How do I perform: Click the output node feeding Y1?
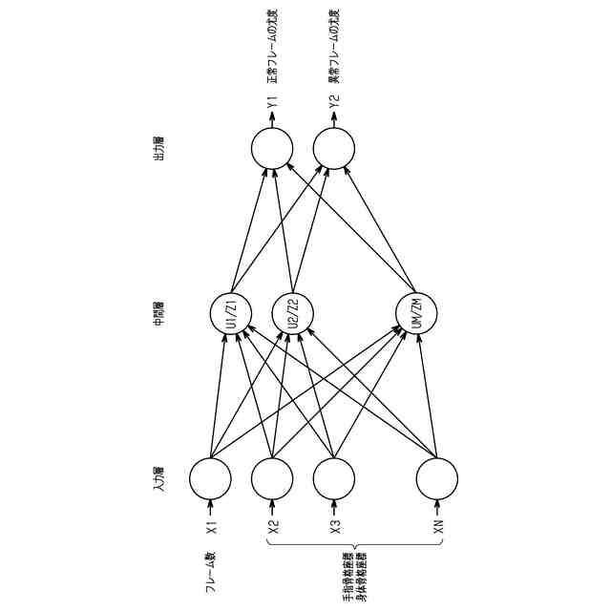tap(272, 148)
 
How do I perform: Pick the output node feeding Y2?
tap(334, 148)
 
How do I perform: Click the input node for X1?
tap(210, 478)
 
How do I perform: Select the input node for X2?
tap(272, 478)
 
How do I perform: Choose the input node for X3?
tap(334, 478)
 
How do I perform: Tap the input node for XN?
tap(437, 478)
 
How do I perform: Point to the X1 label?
tap(211, 526)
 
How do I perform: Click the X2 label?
tap(273, 526)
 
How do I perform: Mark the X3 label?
tap(335, 526)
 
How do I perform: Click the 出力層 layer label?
tap(159, 147)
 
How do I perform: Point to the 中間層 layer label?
tap(159, 313)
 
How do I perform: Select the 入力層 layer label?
tap(159, 478)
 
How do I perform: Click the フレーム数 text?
tap(211, 572)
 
